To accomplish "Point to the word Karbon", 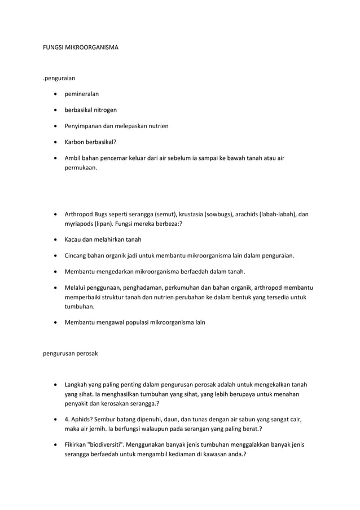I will [x=74, y=141].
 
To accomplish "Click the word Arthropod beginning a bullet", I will [x=79, y=215].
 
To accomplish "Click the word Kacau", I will [x=73, y=239].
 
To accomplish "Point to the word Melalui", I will [x=76, y=287].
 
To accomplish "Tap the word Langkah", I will [x=77, y=385].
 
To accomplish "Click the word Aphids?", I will [x=82, y=419].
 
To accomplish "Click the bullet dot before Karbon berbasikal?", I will [x=55, y=141].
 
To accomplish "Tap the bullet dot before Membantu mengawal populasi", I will [x=55, y=322].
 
